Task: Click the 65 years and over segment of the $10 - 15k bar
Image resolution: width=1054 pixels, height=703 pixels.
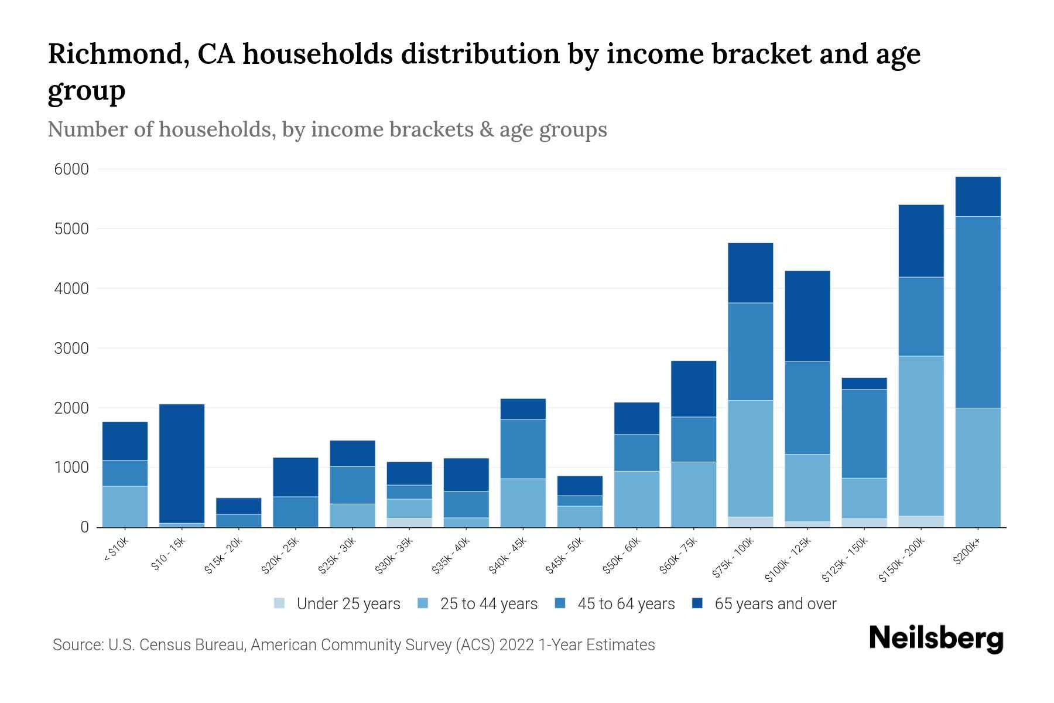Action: click(182, 463)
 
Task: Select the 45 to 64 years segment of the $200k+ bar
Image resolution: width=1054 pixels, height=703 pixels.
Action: click(978, 312)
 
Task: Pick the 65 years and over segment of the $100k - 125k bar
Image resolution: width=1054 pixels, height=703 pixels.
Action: click(807, 316)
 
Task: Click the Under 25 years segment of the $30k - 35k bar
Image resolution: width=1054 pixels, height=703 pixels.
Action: click(409, 522)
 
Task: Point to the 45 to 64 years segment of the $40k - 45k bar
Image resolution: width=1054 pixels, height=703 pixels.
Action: click(523, 449)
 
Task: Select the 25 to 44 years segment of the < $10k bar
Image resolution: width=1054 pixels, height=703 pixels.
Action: click(125, 506)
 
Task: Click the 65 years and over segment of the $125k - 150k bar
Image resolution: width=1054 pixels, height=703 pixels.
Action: click(864, 383)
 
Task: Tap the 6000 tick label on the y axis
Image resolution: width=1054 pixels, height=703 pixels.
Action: click(71, 170)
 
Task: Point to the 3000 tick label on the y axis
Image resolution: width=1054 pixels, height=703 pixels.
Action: click(71, 349)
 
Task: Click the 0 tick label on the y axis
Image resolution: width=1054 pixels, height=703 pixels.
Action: click(84, 527)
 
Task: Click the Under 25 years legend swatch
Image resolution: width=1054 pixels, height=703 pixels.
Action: click(279, 603)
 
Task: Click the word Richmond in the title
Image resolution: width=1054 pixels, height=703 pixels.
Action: click(117, 54)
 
